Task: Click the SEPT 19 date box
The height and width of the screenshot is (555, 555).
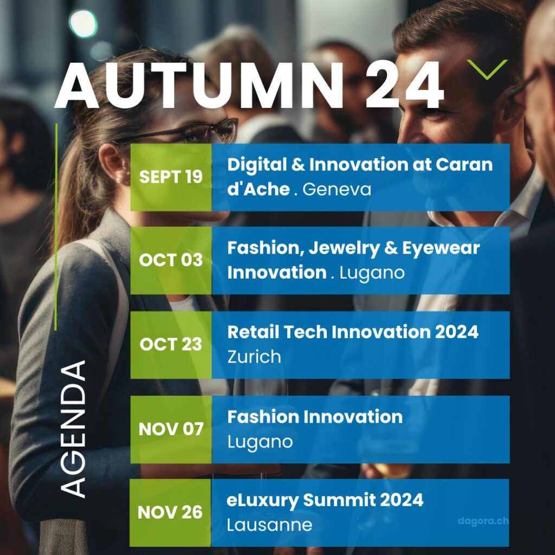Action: pos(171,177)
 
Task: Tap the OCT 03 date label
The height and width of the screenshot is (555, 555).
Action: pos(171,260)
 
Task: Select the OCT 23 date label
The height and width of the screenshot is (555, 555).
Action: pos(171,344)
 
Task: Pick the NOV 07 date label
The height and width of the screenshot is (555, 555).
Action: pos(171,429)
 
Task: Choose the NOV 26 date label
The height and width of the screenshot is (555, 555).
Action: pos(170,513)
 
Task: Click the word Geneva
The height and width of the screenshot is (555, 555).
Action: pos(337,189)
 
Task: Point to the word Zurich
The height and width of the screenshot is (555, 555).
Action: pos(254,357)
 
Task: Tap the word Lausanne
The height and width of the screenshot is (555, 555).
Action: pos(269,525)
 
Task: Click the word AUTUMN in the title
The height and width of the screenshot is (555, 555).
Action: pos(199,85)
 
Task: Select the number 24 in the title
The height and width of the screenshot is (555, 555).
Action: pos(404,85)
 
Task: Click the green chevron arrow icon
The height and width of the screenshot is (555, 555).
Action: pos(487,69)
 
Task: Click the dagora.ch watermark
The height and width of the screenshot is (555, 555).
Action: pos(483,521)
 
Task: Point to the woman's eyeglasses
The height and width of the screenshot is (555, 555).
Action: pos(184,132)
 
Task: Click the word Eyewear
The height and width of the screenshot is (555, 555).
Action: pos(441,248)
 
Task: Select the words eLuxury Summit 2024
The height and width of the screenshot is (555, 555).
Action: pos(325,500)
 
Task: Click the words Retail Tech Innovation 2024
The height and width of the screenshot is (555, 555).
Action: pos(353,332)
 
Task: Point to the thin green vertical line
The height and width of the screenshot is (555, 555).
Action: pos(56,227)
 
